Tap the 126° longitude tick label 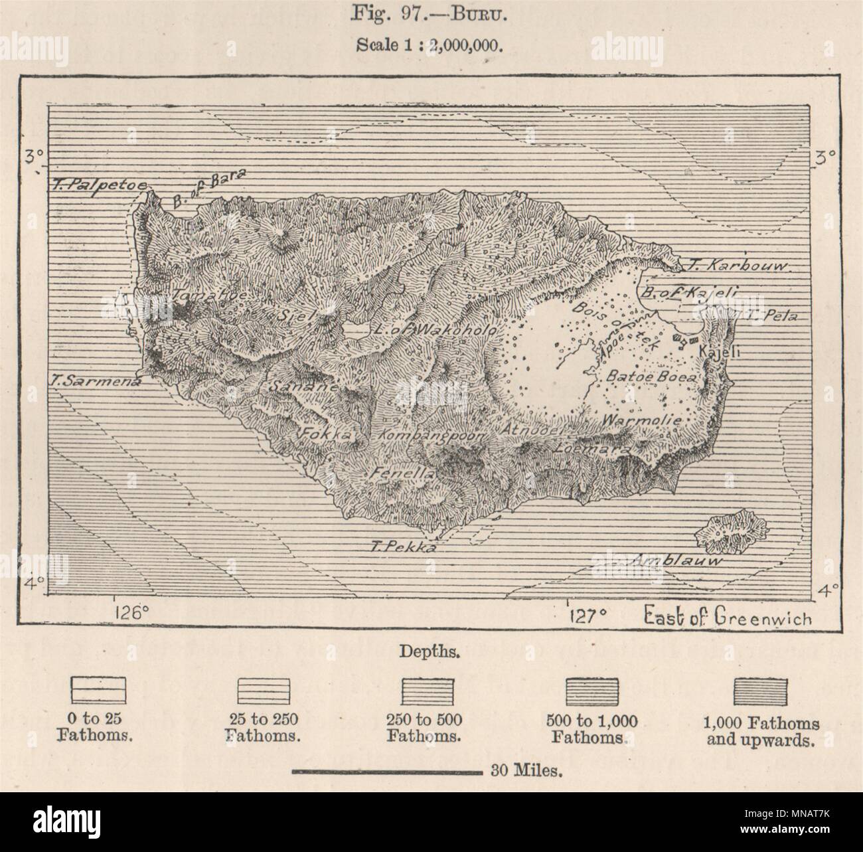click(131, 612)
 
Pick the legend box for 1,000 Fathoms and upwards click(759, 691)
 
